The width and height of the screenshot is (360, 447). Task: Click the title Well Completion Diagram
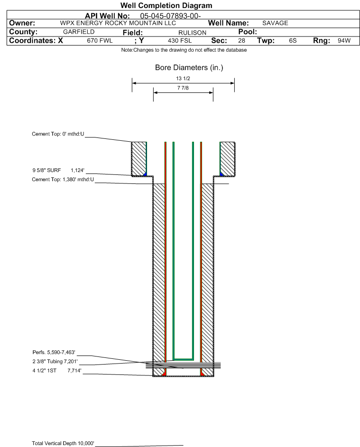pyautogui.click(x=166, y=5)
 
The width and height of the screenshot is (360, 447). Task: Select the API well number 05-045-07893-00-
pyautogui.click(x=170, y=16)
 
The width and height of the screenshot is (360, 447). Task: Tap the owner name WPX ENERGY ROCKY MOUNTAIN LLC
pyautogui.click(x=118, y=23)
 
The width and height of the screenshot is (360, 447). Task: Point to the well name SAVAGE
pyautogui.click(x=275, y=23)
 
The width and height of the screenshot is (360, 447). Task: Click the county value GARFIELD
pyautogui.click(x=79, y=32)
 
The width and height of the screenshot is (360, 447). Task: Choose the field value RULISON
pyautogui.click(x=192, y=33)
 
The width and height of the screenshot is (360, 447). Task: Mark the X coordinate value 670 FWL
pyautogui.click(x=100, y=41)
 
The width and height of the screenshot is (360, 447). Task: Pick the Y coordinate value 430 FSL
pyautogui.click(x=180, y=41)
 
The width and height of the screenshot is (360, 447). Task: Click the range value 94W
pyautogui.click(x=344, y=40)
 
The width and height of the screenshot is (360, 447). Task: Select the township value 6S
pyautogui.click(x=293, y=40)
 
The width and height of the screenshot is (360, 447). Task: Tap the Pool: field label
pyautogui.click(x=248, y=32)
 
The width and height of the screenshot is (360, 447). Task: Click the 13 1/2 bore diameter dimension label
pyautogui.click(x=183, y=78)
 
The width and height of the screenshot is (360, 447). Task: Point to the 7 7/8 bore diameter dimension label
pyautogui.click(x=183, y=88)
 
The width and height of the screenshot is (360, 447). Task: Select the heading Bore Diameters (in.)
pyautogui.click(x=189, y=68)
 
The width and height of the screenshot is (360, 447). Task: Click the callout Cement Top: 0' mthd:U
pyautogui.click(x=58, y=134)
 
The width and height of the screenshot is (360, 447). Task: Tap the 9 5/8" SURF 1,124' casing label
pyautogui.click(x=58, y=171)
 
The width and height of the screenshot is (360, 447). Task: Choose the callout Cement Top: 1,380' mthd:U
pyautogui.click(x=63, y=179)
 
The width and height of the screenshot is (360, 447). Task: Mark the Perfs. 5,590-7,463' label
pyautogui.click(x=54, y=352)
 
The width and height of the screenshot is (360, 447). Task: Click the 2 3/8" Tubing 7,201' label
pyautogui.click(x=55, y=362)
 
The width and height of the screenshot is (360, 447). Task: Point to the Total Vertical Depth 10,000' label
pyautogui.click(x=63, y=443)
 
